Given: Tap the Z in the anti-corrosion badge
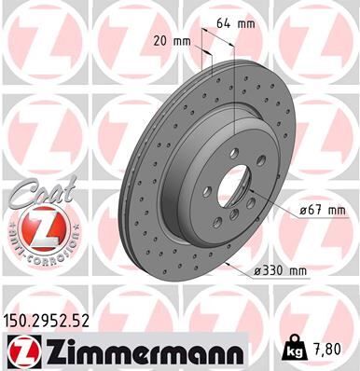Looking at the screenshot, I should (35, 227).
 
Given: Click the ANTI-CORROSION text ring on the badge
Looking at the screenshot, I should (35, 250).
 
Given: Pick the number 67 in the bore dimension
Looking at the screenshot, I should (315, 212).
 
